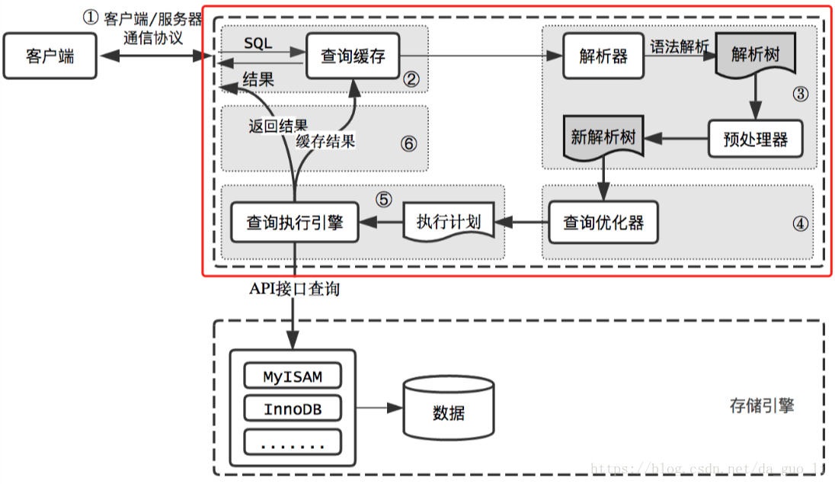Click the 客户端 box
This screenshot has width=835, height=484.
pyautogui.click(x=50, y=56)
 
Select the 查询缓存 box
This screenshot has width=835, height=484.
pyautogui.click(x=353, y=56)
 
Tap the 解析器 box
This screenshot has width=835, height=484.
pyautogui.click(x=603, y=56)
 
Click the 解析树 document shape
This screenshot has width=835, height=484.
pyautogui.click(x=756, y=56)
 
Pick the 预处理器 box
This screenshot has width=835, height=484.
pyautogui.click(x=755, y=139)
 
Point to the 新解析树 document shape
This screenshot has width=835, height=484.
pyautogui.click(x=603, y=138)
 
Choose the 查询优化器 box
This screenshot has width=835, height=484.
pyautogui.click(x=603, y=223)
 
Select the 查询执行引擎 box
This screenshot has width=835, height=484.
pyautogui.click(x=294, y=223)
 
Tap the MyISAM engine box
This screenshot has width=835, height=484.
pyautogui.click(x=293, y=377)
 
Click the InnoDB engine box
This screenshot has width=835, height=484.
pyautogui.click(x=293, y=409)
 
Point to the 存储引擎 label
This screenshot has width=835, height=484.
pyautogui.click(x=761, y=405)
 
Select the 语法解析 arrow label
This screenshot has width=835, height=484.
pyautogui.click(x=679, y=46)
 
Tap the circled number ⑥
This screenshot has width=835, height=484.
pyautogui.click(x=409, y=143)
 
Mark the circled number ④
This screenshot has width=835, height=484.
pyautogui.click(x=798, y=224)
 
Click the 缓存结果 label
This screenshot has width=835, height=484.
pyautogui.click(x=325, y=140)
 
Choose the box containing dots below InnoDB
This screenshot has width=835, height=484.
pyautogui.click(x=293, y=442)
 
